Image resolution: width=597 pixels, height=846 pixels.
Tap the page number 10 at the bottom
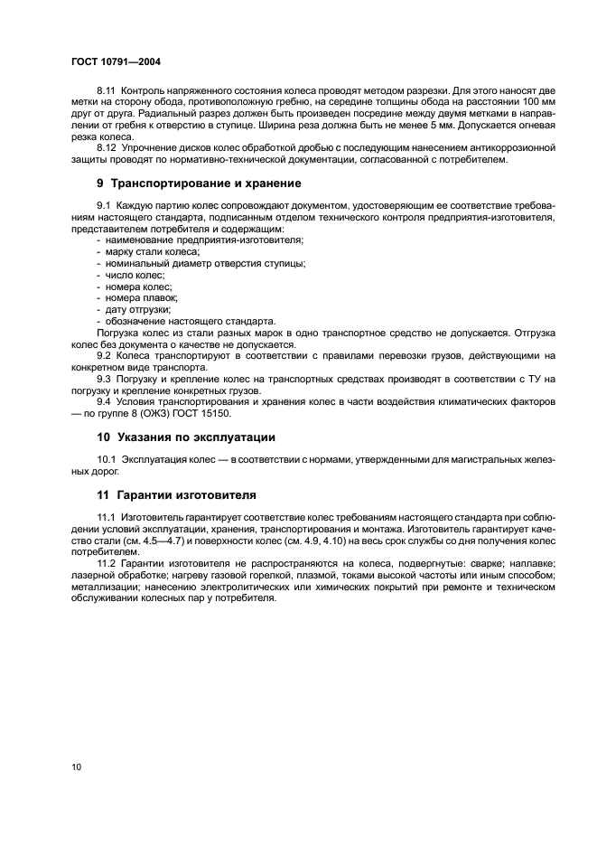[77, 767]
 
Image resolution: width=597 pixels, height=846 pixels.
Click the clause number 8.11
[107, 91]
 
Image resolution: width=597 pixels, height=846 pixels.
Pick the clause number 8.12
[107, 146]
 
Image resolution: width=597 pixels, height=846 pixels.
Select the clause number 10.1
[107, 460]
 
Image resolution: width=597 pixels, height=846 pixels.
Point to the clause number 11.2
[107, 563]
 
